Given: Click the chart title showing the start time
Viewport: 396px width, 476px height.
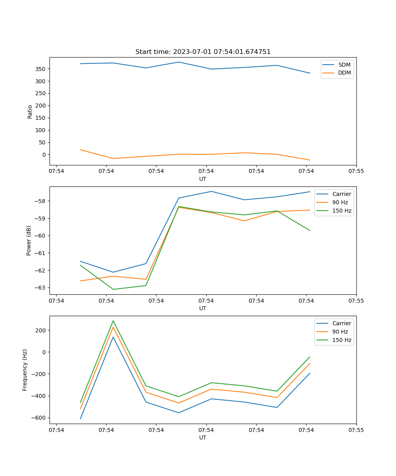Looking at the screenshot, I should click(x=203, y=52).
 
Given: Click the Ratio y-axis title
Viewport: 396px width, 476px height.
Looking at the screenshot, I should click(x=30, y=111).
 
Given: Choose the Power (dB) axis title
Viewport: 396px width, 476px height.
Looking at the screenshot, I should click(x=29, y=240).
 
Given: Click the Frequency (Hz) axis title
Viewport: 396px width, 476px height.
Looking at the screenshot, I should click(x=25, y=370).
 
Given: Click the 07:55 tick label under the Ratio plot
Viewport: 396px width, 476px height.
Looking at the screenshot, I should click(x=356, y=171).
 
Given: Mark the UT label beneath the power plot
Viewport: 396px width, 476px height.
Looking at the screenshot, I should click(x=203, y=308).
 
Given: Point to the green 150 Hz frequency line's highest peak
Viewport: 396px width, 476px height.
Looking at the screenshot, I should click(x=113, y=321).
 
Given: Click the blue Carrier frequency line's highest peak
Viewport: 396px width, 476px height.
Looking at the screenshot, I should click(x=113, y=337).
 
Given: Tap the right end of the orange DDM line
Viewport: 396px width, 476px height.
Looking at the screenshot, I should click(x=310, y=160).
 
